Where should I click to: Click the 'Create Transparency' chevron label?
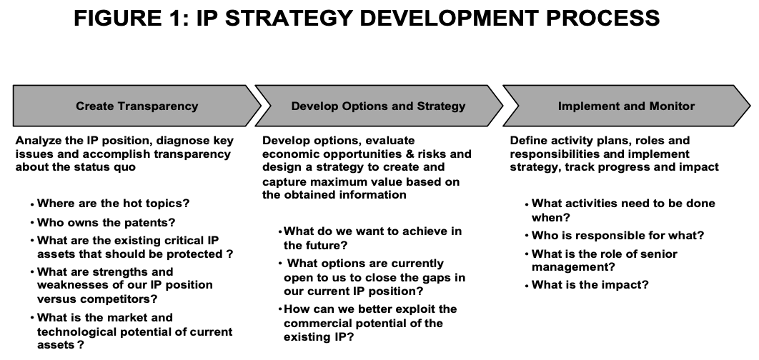pos(137,106)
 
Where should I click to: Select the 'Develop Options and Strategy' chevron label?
pos(378,106)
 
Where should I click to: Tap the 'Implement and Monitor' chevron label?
pos(626,106)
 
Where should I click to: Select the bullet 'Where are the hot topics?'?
pos(113,204)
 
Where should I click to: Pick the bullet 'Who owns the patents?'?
pos(106,223)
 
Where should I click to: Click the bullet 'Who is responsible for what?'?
pos(617,236)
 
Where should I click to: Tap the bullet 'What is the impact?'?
pos(590,285)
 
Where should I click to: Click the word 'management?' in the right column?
pos(573,267)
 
